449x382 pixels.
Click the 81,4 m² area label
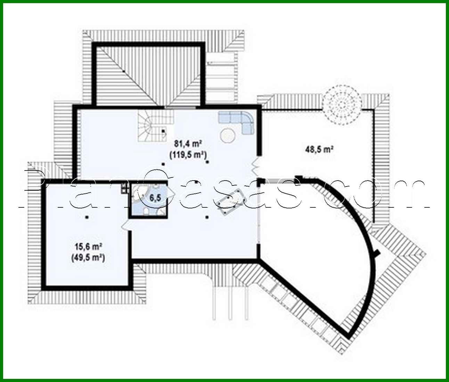(188, 143)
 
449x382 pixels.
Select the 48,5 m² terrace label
(319, 150)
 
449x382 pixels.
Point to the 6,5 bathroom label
(155, 198)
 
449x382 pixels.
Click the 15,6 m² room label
(88, 247)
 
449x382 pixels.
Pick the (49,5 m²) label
(88, 258)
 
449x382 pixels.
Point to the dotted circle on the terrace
(341, 104)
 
